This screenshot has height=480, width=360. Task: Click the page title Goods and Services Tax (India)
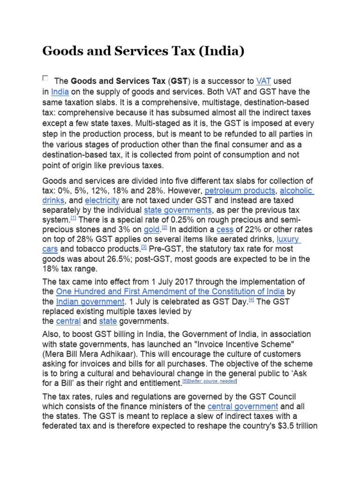point(143,51)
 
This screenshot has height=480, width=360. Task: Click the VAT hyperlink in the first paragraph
point(263,81)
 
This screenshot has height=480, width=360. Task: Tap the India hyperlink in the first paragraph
point(60,91)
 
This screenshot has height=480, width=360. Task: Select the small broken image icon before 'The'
point(45,78)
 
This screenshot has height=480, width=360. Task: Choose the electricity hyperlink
point(102,201)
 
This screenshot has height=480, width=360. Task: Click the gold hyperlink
point(151,230)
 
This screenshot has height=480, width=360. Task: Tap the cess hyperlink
point(225,230)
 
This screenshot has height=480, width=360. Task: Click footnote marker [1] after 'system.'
point(74,218)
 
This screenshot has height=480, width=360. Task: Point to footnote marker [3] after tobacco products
point(144,247)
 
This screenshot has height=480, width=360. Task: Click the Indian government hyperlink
point(90,301)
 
